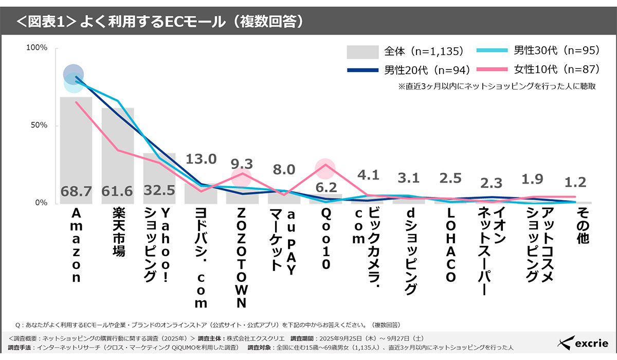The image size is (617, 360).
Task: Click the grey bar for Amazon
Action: (x=76, y=149)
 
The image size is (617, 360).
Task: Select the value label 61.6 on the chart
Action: (x=117, y=191)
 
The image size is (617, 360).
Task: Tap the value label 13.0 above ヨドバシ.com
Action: (x=201, y=158)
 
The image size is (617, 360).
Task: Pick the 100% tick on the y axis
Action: (x=37, y=48)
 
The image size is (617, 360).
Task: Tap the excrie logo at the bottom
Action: (x=584, y=342)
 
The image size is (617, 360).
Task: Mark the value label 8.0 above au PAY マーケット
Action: (x=284, y=170)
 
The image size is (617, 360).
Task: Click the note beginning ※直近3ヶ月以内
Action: (x=496, y=86)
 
